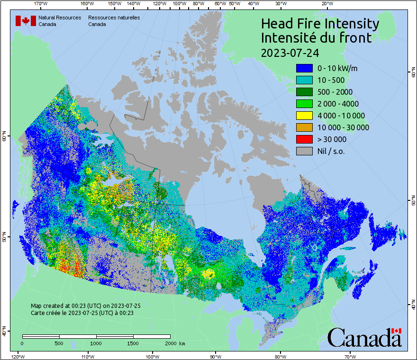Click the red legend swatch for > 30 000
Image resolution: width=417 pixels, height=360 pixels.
coord(304,139)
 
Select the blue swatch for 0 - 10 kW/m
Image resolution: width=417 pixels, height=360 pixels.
coord(304,68)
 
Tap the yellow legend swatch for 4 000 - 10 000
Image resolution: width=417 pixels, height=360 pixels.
coord(304,116)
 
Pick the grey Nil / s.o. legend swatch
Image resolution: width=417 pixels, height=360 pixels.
coord(304,151)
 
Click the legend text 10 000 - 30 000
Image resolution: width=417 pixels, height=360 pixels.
coord(343,127)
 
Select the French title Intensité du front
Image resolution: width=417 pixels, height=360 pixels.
coord(317,38)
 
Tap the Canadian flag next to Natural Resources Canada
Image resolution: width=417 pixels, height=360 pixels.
coord(26,21)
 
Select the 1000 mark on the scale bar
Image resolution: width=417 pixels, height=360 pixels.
coord(96,343)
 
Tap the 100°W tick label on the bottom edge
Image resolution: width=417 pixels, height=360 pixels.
coord(152,357)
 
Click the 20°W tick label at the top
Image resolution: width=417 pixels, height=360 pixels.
coord(326,4)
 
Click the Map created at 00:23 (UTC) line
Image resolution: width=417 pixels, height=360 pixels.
coord(85,306)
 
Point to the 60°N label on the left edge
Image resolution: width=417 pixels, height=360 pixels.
coord(4,137)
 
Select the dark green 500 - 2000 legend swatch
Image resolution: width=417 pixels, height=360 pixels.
coord(304,92)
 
